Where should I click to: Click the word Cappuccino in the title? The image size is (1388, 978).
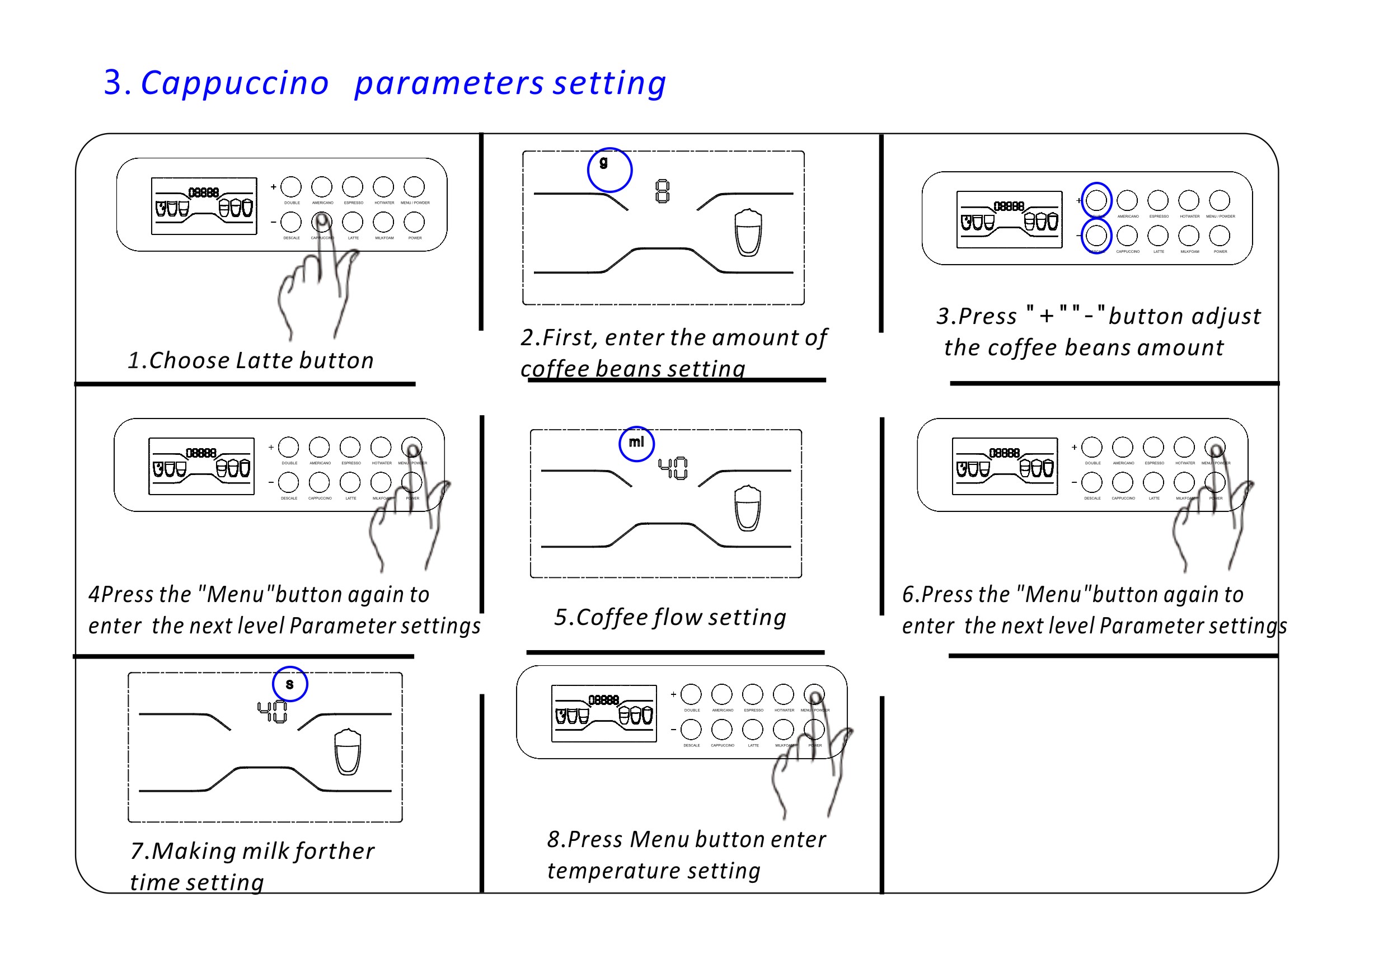[235, 83]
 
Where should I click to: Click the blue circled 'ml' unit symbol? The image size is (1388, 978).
[636, 444]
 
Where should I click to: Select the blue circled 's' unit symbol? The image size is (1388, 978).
[289, 684]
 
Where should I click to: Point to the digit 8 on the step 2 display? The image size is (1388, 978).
[663, 191]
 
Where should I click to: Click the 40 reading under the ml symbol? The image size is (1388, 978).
[672, 468]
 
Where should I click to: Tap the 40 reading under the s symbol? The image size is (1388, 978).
[272, 712]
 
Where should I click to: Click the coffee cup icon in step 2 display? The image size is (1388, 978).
[748, 233]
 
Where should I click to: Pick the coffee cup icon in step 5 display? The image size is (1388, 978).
[747, 507]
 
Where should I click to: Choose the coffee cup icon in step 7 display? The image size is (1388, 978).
[348, 751]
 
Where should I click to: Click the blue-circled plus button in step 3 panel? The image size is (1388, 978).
[1096, 200]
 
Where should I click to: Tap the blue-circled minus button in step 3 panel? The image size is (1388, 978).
[1096, 236]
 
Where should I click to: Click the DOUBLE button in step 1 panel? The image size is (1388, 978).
[291, 187]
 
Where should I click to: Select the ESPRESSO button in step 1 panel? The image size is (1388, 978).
[353, 187]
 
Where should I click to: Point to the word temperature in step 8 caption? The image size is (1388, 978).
[613, 871]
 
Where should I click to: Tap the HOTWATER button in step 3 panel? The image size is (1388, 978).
[1189, 200]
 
